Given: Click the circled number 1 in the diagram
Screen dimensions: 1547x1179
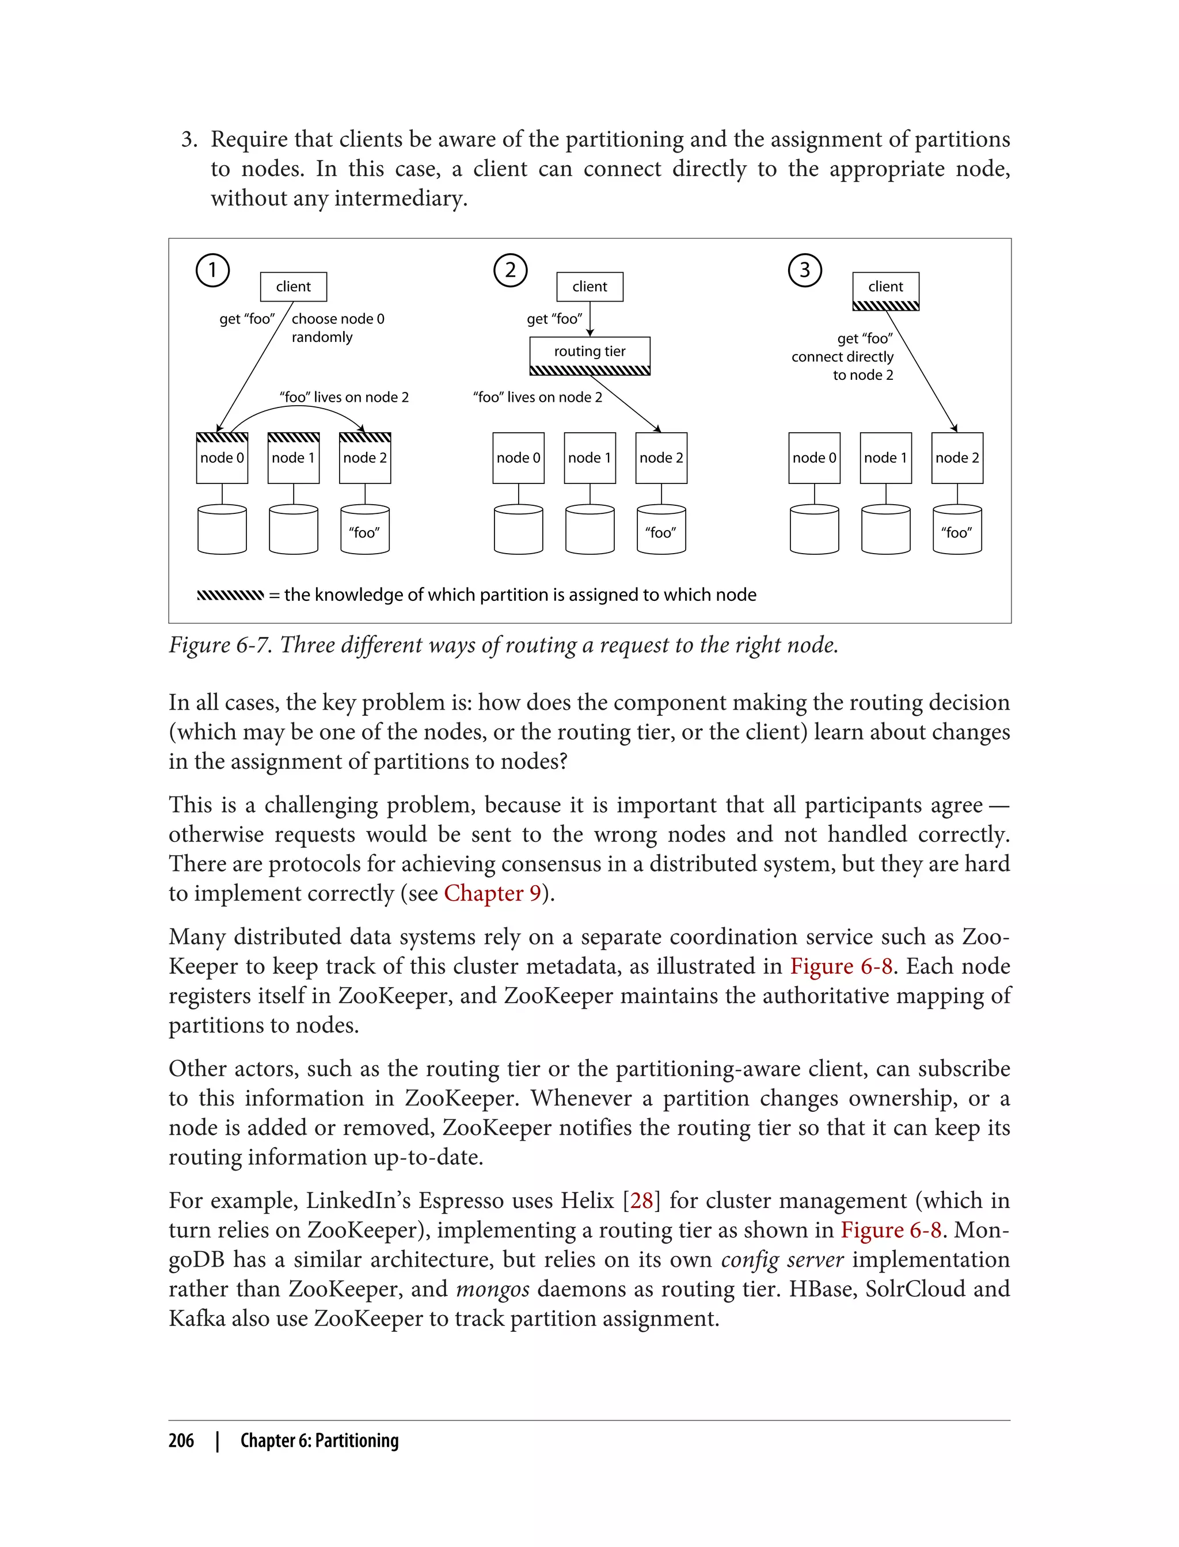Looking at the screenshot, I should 212,270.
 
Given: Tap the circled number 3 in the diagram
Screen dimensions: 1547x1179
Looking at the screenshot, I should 804,270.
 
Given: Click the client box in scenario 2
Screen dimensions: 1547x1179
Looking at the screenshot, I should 589,286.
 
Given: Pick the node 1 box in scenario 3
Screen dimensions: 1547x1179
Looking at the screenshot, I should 885,458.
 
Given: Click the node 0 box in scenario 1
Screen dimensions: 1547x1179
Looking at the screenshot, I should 222,458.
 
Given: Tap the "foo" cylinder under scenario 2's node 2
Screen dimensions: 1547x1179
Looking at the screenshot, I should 660,531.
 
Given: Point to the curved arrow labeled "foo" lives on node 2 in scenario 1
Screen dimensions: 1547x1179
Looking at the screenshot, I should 295,411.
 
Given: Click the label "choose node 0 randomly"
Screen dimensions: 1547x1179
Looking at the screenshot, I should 337,327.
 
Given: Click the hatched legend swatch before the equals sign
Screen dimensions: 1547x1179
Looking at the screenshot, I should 230,596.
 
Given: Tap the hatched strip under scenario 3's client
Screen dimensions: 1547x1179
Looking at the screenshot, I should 885,306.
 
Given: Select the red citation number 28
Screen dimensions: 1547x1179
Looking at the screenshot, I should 641,1201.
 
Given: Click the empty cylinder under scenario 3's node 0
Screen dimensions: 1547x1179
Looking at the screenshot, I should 814,531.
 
